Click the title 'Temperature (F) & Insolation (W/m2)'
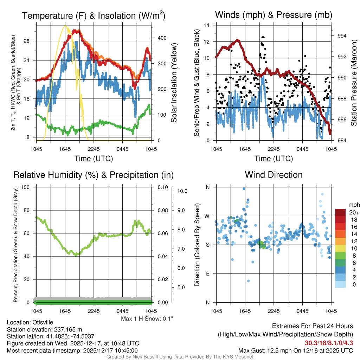click(x=94, y=16)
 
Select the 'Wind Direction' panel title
click(x=274, y=175)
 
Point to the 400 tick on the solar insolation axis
click(x=159, y=38)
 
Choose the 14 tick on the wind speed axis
click(x=207, y=25)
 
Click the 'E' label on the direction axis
click(x=207, y=274)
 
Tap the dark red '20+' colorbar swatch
click(x=340, y=212)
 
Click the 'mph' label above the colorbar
click(x=353, y=205)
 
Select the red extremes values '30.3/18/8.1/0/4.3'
click(x=329, y=343)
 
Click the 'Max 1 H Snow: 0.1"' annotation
click(x=147, y=319)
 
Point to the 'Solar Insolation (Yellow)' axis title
click(x=174, y=83)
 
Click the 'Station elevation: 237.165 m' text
click(x=44, y=329)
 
